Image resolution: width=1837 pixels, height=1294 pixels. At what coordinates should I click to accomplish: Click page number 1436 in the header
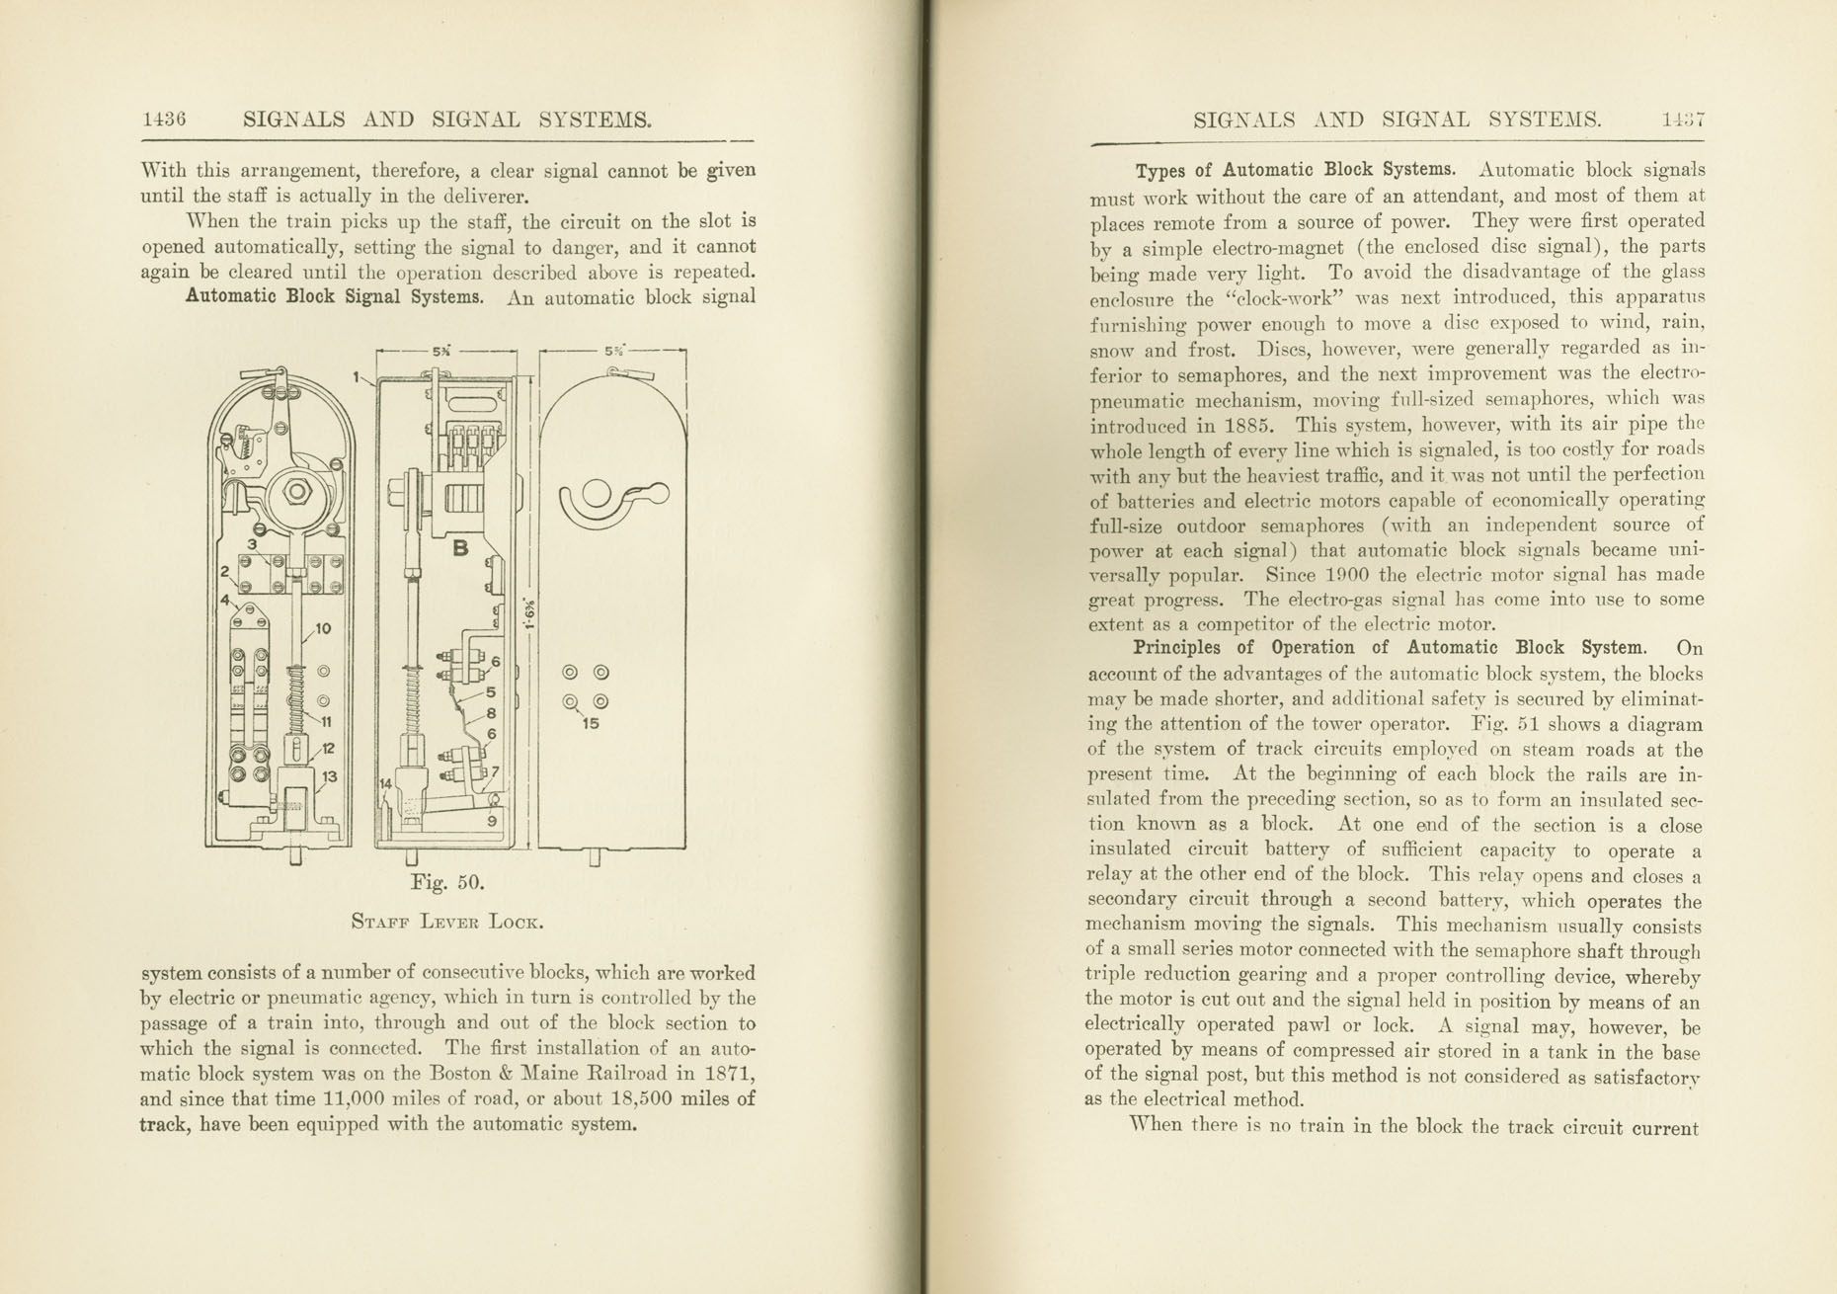coord(164,120)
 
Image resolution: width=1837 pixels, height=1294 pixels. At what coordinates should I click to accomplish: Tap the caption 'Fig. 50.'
coord(446,882)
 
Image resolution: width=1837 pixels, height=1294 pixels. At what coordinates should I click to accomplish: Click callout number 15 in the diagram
coord(591,723)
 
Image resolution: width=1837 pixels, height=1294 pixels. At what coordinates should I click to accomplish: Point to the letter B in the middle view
coord(460,548)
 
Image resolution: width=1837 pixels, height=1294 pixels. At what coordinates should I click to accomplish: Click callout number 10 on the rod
coord(323,628)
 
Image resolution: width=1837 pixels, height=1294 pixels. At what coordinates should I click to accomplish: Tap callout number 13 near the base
coord(329,776)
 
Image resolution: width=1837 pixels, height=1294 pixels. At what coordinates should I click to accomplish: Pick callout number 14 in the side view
coord(386,781)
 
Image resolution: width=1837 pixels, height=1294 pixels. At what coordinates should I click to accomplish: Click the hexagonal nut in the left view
coord(297,492)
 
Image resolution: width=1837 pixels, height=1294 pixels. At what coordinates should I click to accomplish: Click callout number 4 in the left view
coord(225,599)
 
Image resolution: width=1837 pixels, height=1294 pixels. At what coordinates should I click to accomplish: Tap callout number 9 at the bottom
coord(492,820)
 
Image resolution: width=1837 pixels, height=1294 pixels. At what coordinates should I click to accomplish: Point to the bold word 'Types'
coord(1159,170)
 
